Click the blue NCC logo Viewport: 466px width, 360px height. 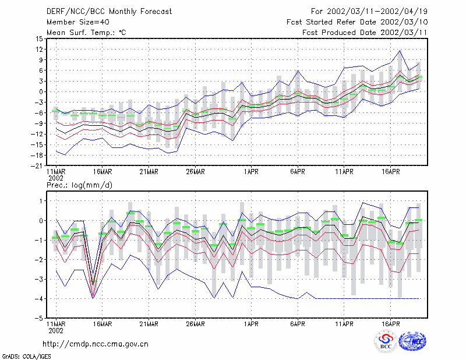click(412, 341)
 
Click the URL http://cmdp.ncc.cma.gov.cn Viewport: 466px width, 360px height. click(96, 344)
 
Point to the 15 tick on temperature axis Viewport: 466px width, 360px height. click(39, 38)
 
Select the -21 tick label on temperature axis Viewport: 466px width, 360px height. click(37, 166)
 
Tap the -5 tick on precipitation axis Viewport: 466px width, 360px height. click(39, 318)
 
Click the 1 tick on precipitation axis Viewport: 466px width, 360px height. click(41, 201)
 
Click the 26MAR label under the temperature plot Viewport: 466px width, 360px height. click(195, 172)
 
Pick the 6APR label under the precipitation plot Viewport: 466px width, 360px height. click(298, 324)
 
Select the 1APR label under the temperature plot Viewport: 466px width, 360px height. click(251, 172)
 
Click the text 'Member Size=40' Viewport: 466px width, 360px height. click(78, 22)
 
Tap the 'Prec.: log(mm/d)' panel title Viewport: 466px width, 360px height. click(79, 185)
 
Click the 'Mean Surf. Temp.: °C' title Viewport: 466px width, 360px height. click(86, 33)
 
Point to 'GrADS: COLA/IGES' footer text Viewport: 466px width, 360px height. click(26, 357)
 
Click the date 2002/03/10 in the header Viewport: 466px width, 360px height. click(404, 22)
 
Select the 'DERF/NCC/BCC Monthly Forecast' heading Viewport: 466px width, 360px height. click(109, 12)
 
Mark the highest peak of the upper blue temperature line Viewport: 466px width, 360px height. click(400, 51)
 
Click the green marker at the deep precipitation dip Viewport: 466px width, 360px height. click(93, 281)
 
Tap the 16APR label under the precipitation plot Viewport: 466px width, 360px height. click(390, 324)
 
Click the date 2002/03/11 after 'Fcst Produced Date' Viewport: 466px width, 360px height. click(404, 33)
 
